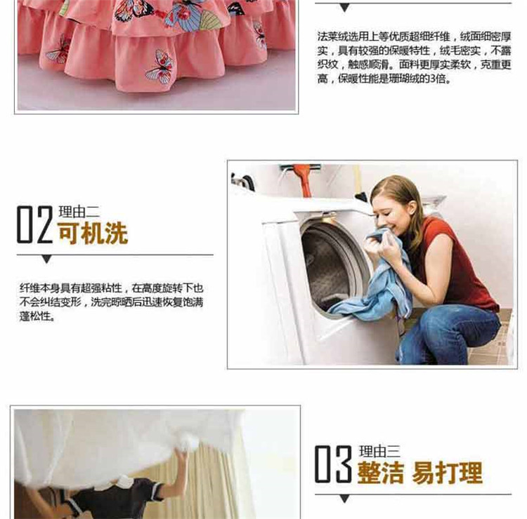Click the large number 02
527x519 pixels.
tap(35, 224)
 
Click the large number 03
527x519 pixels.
tap(333, 464)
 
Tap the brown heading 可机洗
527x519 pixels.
tap(93, 233)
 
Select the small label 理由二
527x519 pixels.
tap(79, 212)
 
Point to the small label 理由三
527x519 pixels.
tap(379, 452)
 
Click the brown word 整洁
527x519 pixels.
tap(380, 473)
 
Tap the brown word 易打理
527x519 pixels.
tap(447, 473)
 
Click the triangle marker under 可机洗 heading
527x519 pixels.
tap(46, 259)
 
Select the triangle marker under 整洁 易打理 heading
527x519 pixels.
tap(344, 499)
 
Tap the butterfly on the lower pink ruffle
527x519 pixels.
tap(160, 67)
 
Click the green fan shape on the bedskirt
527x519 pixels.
tap(210, 20)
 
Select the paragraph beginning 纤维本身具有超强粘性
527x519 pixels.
tap(111, 302)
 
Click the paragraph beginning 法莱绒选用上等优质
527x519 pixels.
tap(415, 58)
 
